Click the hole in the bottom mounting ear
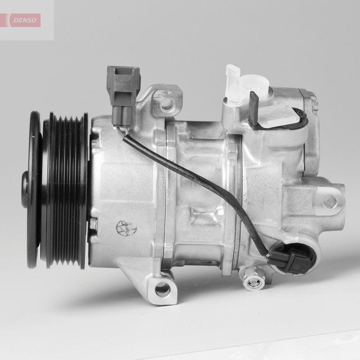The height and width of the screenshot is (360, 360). [162, 290]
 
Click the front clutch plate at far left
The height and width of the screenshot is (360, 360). [31, 189]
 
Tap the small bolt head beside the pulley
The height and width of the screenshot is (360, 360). [93, 223]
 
